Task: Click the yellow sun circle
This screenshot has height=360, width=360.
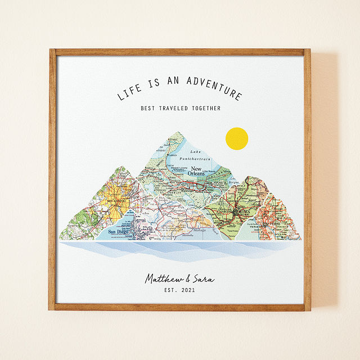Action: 236,139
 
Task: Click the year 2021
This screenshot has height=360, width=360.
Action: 191,290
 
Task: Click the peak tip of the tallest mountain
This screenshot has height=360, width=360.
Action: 179,133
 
